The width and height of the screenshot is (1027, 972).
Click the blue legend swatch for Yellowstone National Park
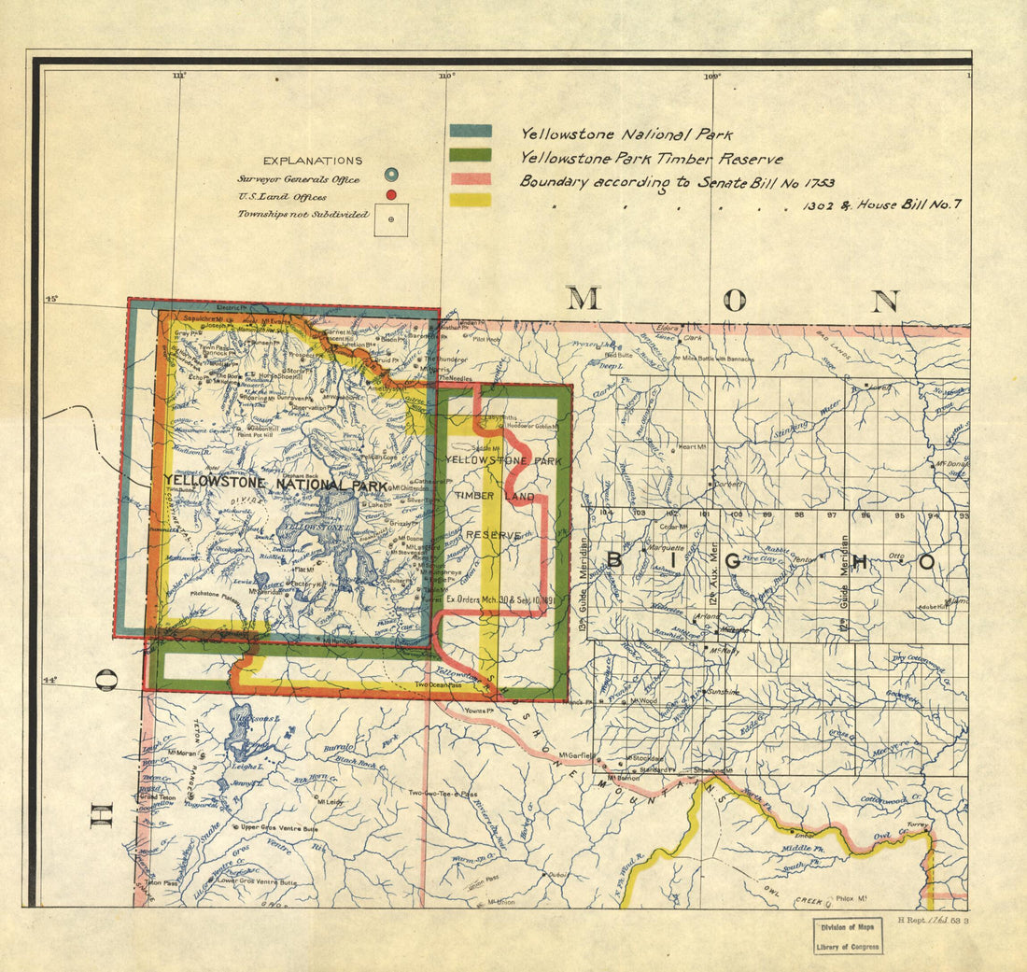click(x=470, y=132)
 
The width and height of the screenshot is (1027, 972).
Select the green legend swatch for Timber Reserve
click(x=470, y=155)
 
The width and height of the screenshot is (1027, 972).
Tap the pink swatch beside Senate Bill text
click(x=470, y=178)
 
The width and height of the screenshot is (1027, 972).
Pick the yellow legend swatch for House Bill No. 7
click(x=470, y=200)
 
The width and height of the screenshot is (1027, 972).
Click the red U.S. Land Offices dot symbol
click(x=391, y=194)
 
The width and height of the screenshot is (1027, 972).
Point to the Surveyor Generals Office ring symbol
click(x=391, y=175)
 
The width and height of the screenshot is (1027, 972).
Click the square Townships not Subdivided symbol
click(x=391, y=219)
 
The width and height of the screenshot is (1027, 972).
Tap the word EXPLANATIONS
click(x=312, y=161)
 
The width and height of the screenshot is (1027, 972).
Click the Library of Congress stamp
click(x=846, y=936)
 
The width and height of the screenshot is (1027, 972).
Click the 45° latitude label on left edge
click(x=51, y=299)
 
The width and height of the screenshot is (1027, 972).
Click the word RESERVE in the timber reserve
click(x=491, y=535)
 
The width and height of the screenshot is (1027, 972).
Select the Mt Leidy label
click(x=327, y=801)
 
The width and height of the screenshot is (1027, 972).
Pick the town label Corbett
click(x=728, y=485)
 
